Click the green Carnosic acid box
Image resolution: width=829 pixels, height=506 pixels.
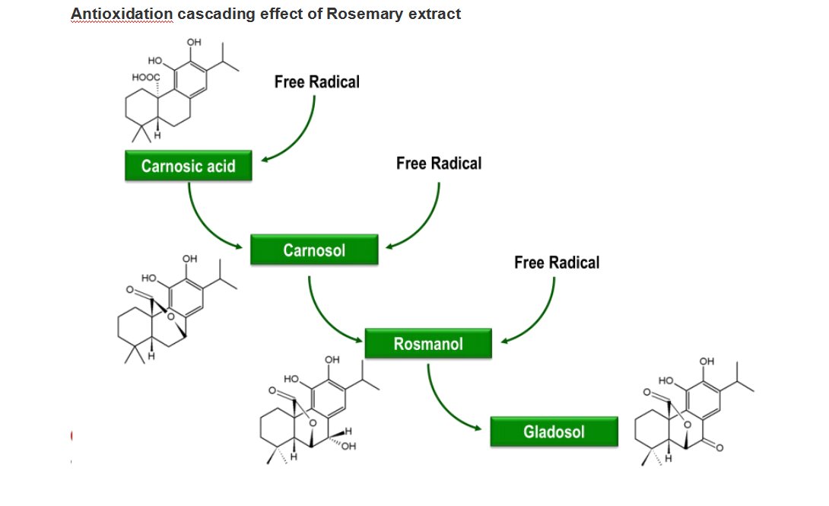(189, 166)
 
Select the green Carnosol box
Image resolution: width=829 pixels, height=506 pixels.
(314, 250)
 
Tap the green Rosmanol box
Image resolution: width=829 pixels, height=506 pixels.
(427, 344)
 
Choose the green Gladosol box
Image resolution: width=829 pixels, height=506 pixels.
(554, 432)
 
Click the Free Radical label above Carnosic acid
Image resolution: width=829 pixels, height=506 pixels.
(316, 82)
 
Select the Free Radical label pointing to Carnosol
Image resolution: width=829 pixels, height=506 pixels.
(439, 163)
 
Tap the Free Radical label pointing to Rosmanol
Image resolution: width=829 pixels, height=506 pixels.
(557, 263)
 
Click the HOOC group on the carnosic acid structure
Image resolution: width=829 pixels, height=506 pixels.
(145, 77)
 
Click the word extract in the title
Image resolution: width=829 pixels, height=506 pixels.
(433, 14)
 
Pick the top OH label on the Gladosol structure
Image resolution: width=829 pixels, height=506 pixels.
(707, 361)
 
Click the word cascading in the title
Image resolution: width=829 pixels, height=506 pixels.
(211, 14)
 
